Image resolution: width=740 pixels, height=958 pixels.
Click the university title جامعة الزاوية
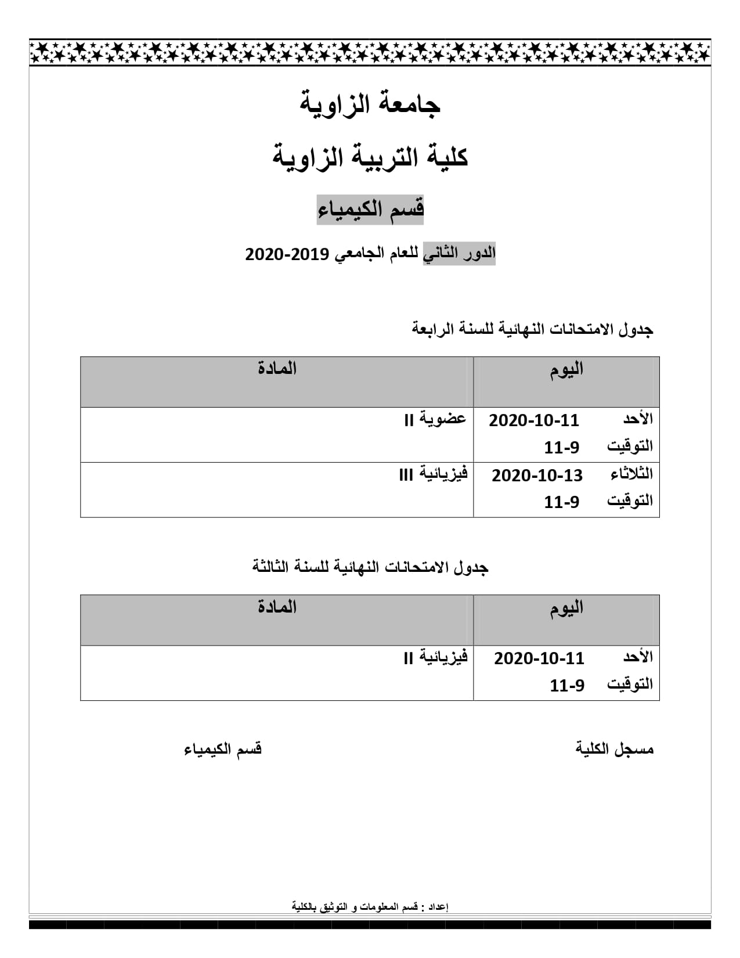click(x=370, y=104)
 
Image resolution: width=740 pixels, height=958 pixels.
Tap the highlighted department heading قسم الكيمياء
click(x=370, y=209)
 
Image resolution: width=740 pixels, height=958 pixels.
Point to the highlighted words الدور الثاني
click(x=459, y=254)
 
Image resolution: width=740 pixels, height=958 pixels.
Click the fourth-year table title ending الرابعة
click(x=532, y=329)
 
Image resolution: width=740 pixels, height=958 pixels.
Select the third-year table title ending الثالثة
click(x=370, y=567)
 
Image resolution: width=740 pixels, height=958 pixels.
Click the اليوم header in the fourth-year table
click(x=566, y=370)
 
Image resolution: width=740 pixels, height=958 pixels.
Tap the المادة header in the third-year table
click(x=277, y=607)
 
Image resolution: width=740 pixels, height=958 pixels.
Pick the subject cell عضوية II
click(x=435, y=419)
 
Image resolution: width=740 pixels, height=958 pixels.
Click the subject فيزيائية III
click(x=434, y=474)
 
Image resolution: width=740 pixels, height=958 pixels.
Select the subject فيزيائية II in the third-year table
click(x=435, y=658)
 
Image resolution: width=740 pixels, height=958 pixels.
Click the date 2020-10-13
click(x=537, y=476)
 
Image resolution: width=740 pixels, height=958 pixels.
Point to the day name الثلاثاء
click(x=631, y=474)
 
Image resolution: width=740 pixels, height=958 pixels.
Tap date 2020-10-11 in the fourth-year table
click(x=534, y=420)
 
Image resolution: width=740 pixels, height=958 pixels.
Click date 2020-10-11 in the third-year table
click(x=539, y=658)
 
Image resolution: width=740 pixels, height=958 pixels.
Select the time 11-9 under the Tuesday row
click(x=561, y=502)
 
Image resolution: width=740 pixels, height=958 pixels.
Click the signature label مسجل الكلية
click(x=615, y=749)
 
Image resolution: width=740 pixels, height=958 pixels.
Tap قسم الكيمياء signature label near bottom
click(x=223, y=750)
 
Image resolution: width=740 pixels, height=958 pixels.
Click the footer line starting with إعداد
click(x=370, y=907)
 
